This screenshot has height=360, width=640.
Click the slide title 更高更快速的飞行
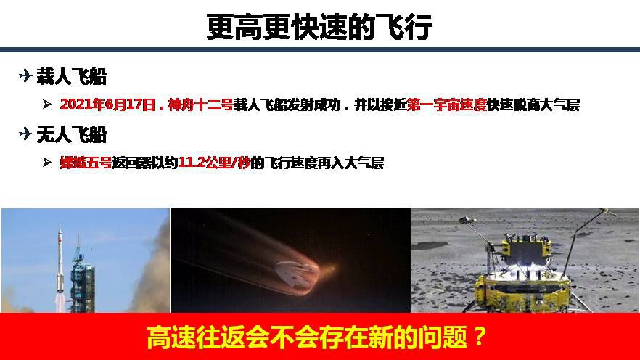click(319, 27)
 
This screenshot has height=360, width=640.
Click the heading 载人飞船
click(71, 76)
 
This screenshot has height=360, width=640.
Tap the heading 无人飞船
click(71, 134)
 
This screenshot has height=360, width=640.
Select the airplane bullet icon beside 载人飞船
click(25, 75)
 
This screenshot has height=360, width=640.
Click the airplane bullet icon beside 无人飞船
click(25, 134)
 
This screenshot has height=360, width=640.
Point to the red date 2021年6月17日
click(107, 105)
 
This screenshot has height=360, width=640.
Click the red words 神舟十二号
click(200, 105)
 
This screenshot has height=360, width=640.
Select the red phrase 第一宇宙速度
click(447, 105)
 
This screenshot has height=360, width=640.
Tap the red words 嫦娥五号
click(86, 163)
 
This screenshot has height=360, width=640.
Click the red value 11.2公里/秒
click(214, 163)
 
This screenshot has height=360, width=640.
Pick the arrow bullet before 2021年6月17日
click(47, 105)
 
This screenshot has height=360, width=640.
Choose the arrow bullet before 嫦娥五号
click(47, 163)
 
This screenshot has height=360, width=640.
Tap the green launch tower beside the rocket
click(83, 277)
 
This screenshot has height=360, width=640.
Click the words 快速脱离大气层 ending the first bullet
click(533, 105)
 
